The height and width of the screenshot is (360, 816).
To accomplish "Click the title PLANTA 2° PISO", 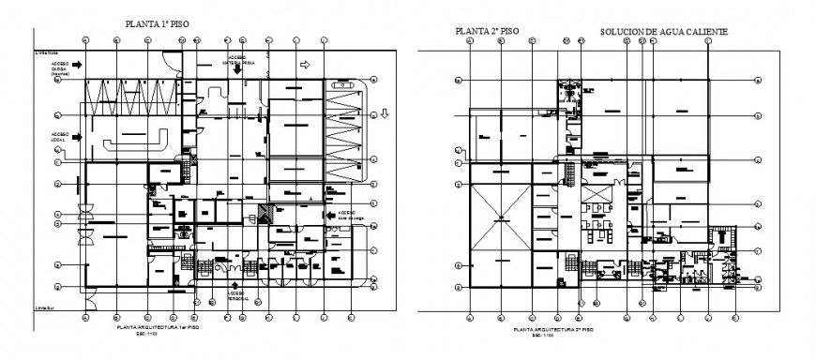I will [487, 32].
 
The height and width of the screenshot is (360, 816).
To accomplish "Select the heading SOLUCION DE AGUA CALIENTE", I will [663, 32].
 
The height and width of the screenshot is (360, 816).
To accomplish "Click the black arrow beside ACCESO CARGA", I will [81, 64].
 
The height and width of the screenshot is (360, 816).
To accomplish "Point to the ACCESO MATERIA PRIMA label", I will [239, 58].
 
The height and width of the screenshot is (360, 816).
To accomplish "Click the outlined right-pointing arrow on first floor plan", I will [304, 65].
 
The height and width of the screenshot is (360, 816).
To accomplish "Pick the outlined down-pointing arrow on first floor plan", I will [385, 114].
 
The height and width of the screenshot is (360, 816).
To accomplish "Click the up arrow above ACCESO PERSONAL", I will [234, 285].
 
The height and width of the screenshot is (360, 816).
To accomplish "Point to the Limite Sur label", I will [42, 307].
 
